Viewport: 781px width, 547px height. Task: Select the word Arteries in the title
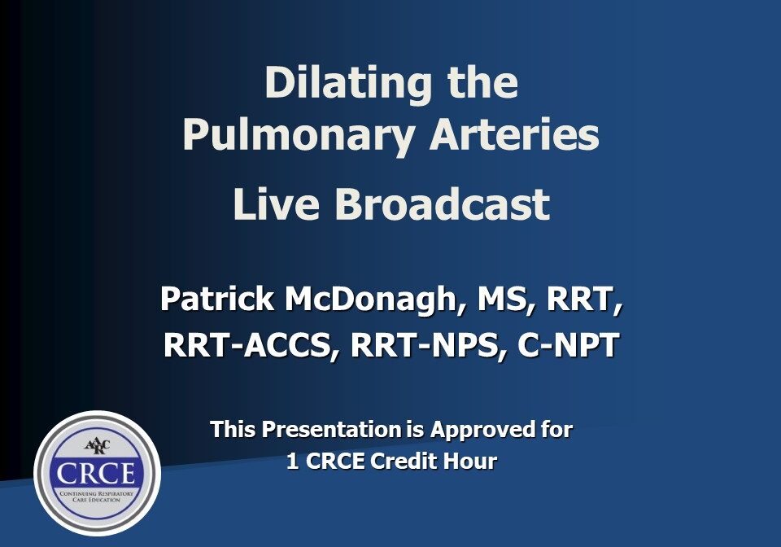514,133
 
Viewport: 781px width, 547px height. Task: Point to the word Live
276,203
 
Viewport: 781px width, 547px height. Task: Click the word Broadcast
443,203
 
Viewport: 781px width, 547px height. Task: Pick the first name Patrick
217,298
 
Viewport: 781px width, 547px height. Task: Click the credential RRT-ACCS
248,344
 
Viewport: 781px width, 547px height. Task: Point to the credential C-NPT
569,344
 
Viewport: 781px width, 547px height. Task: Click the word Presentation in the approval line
331,430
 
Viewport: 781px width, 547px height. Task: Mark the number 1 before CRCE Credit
293,462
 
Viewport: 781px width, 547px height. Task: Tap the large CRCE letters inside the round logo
96,473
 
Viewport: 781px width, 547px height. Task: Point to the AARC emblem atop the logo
97,445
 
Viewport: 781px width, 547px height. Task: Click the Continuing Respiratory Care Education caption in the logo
96,497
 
